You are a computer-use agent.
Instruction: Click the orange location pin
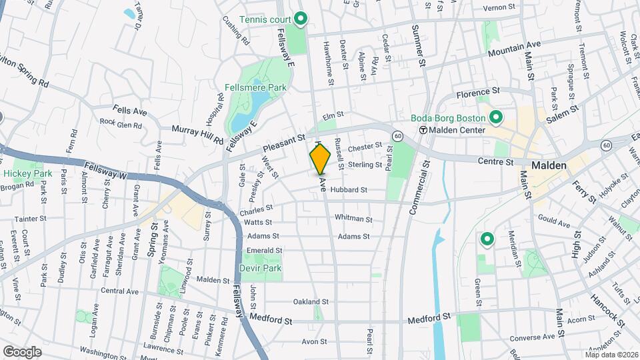[x=320, y=159]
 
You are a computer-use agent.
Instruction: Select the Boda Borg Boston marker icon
[x=496, y=118]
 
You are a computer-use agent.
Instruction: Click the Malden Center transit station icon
[x=423, y=130]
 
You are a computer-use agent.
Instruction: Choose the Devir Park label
[x=261, y=268]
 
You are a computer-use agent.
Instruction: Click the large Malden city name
[x=549, y=165]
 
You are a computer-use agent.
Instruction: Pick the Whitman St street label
[x=353, y=218]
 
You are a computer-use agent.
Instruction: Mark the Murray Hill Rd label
[x=197, y=134]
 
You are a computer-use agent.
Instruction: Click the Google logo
[x=22, y=351]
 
